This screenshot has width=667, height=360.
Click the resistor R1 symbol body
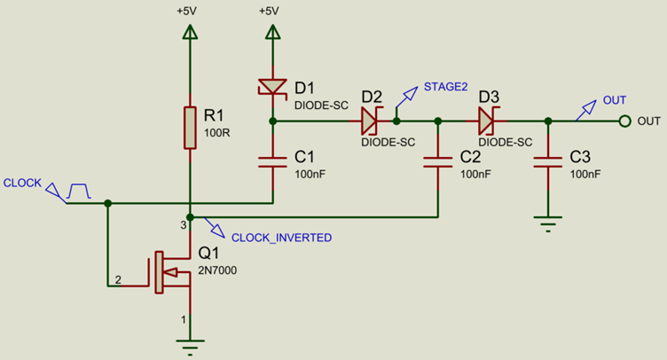[189, 127]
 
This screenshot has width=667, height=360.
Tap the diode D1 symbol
[272, 87]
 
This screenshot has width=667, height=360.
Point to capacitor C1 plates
[272, 161]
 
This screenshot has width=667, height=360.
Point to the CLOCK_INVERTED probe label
[281, 238]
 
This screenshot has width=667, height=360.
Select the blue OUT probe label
[614, 100]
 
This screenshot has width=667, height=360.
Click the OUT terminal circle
[624, 121]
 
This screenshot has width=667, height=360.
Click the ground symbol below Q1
[189, 343]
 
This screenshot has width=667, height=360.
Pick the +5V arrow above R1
[189, 33]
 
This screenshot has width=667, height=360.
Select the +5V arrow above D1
[272, 33]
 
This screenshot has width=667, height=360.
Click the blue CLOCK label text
[22, 183]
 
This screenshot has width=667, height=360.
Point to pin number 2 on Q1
[117, 280]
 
